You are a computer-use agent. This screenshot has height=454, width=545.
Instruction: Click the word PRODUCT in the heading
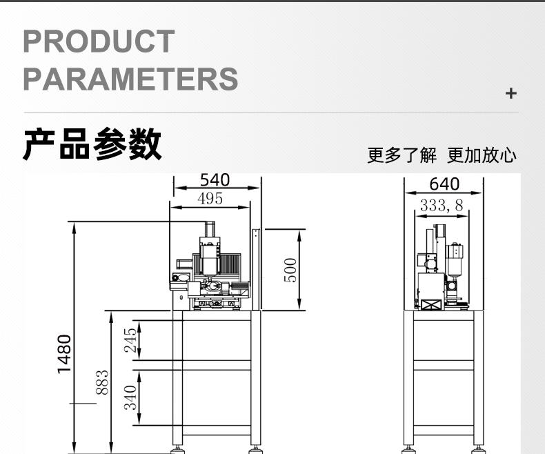[99, 41]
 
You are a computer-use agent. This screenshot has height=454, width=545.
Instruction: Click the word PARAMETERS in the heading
[130, 79]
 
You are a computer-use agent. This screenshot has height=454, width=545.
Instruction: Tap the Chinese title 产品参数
[92, 144]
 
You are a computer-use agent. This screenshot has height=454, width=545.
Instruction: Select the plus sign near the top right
[511, 93]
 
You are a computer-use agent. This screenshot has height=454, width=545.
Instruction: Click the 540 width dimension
[215, 179]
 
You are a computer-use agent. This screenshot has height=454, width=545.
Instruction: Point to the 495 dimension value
[210, 199]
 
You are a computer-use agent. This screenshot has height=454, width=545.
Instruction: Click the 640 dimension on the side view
[444, 184]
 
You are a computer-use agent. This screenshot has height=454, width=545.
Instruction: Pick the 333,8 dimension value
[442, 206]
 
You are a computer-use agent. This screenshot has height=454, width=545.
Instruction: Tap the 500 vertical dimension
[290, 270]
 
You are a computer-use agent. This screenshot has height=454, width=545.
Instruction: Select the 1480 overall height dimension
[64, 354]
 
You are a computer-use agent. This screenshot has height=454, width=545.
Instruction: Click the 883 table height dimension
[102, 382]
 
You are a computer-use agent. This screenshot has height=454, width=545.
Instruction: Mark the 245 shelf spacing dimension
[130, 340]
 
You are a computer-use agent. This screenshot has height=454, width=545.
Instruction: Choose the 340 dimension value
[130, 397]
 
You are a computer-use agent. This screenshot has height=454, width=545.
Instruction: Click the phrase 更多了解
[402, 155]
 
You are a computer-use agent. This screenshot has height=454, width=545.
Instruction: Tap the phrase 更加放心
[482, 155]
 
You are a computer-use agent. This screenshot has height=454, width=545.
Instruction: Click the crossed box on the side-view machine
[431, 305]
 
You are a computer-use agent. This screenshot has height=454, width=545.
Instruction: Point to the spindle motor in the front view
[210, 257]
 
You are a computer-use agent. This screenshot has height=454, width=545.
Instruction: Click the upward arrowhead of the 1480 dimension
[74, 228]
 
